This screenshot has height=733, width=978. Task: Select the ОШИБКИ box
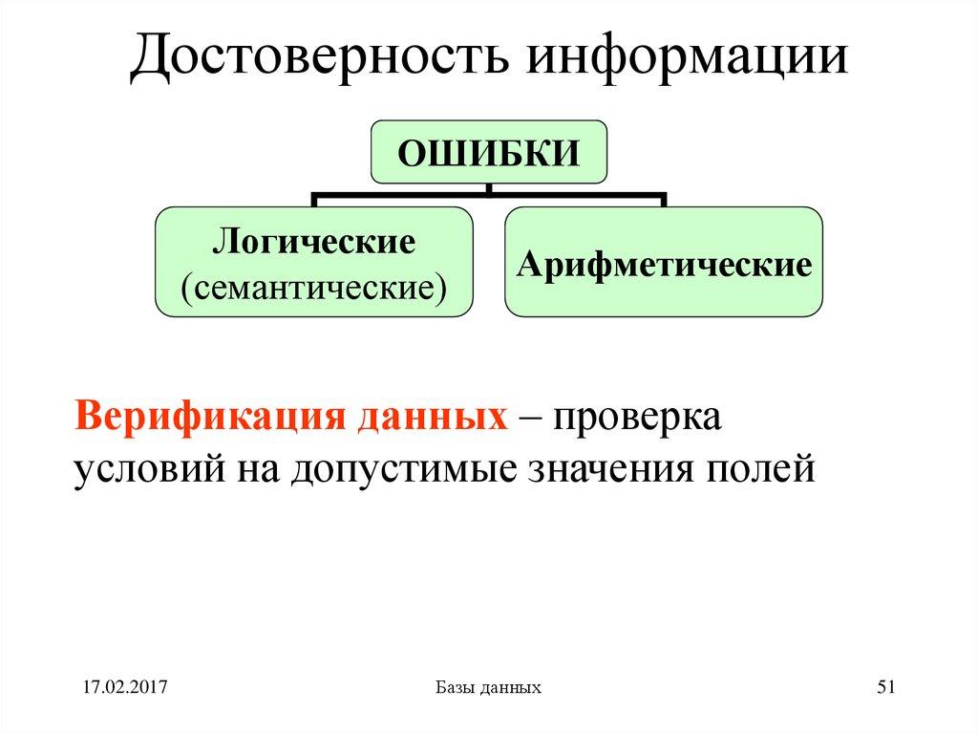(x=488, y=152)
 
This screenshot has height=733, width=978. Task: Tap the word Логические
(x=313, y=241)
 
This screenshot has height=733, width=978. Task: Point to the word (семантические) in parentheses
(x=313, y=285)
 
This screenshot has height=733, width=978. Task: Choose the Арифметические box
(x=664, y=263)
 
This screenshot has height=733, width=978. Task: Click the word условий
(x=143, y=469)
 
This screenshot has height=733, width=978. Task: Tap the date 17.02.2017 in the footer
(x=124, y=687)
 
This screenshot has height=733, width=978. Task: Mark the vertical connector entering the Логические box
(x=314, y=200)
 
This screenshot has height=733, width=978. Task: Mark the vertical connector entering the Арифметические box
(x=664, y=200)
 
